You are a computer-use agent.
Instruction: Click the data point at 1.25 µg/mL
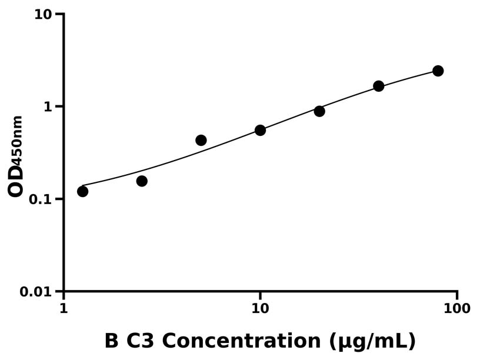pos(82,191)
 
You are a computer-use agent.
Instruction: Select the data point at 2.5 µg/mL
pos(142,181)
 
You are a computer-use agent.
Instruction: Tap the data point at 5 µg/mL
pos(201,140)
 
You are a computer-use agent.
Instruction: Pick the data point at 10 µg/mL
pos(260,130)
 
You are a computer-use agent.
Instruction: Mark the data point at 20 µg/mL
pos(319,111)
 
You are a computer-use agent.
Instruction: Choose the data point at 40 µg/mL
pos(379,86)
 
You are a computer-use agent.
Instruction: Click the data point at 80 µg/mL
pos(438,71)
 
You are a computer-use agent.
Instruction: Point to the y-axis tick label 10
pos(43,14)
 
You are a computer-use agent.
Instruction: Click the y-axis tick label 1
pos(48,107)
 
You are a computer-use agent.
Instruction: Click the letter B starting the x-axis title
pos(111,341)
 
